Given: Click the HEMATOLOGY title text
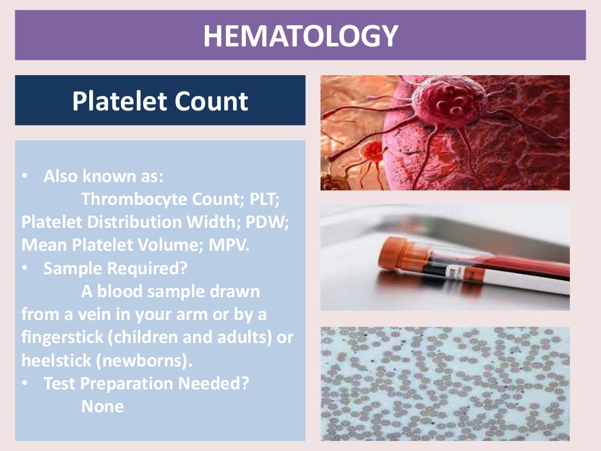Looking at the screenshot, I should (300, 36).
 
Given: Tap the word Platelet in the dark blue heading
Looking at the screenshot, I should (111, 101).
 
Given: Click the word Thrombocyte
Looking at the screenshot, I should (134, 200).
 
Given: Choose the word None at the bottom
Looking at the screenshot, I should (103, 406).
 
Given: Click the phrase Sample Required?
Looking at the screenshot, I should (115, 268).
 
